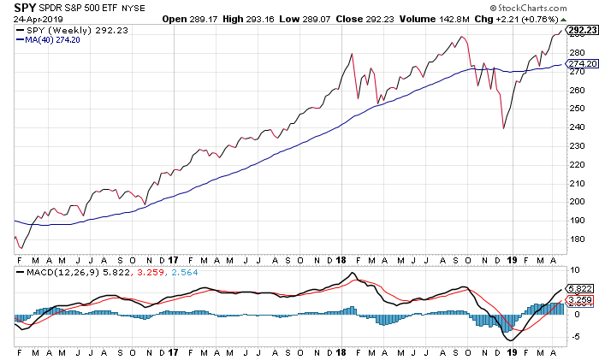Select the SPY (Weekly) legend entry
pyautogui.click(x=59, y=30)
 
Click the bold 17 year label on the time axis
pyautogui.click(x=174, y=258)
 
